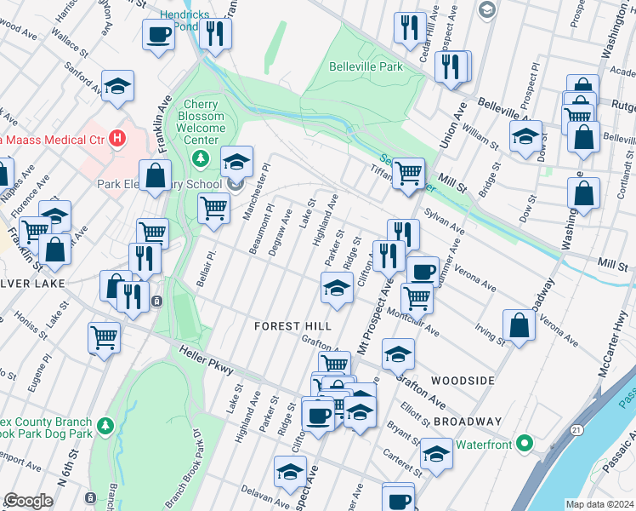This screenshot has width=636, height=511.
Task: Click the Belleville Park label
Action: (366, 66)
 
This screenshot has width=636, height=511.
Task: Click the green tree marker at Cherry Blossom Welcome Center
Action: (201, 157)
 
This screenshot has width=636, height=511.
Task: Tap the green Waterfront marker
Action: (525, 445)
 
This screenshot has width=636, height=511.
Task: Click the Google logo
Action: (28, 501)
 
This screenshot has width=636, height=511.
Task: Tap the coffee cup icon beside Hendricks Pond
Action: (158, 34)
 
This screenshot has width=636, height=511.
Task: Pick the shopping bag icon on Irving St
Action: (519, 324)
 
